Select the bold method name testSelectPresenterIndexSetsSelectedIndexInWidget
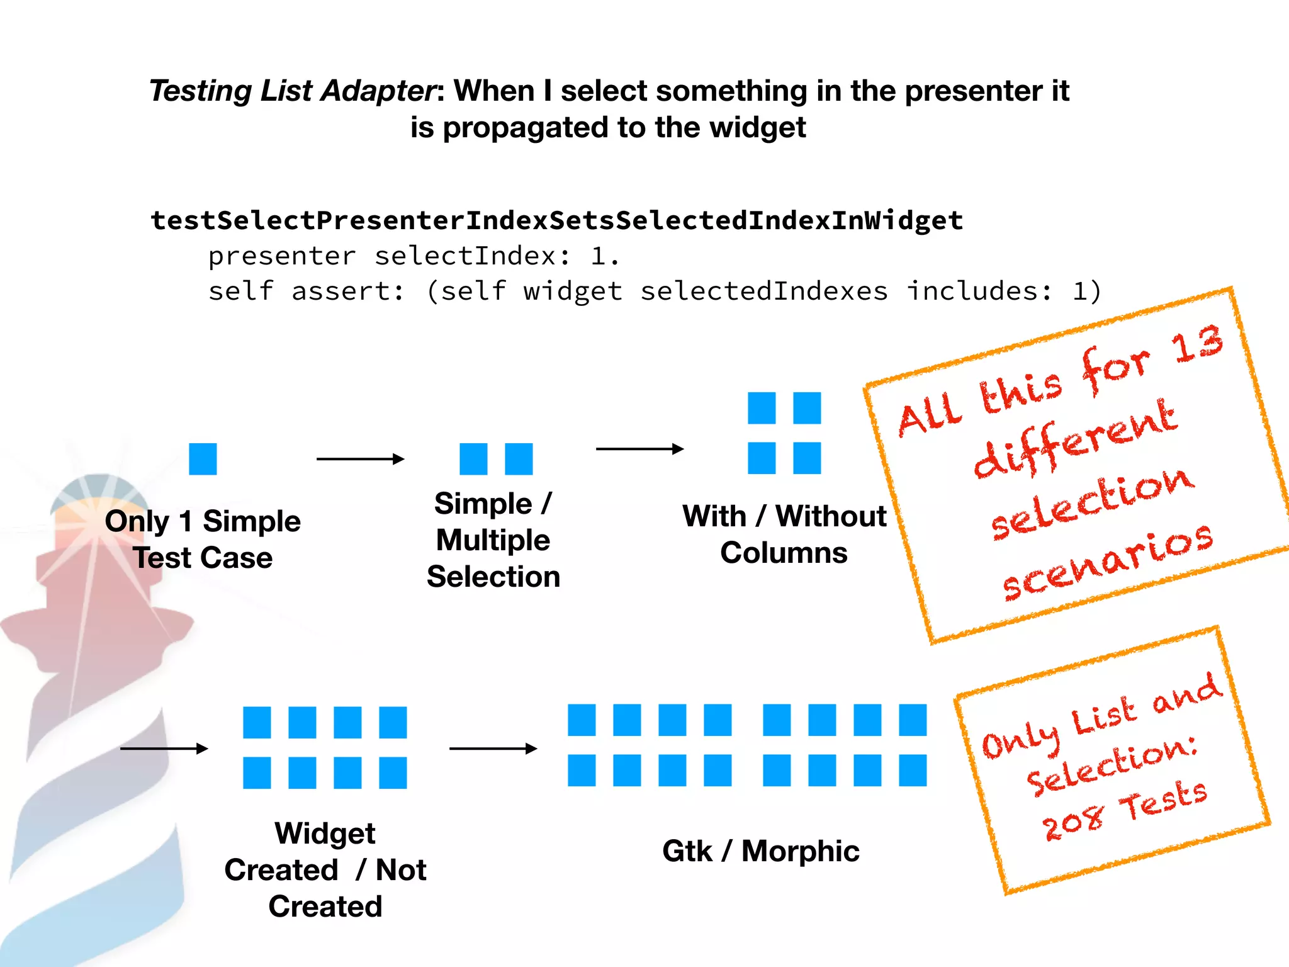click(x=556, y=220)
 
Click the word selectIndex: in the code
click(x=472, y=256)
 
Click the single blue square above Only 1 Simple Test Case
click(x=203, y=459)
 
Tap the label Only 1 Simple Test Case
click(x=203, y=540)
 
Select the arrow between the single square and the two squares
click(x=359, y=459)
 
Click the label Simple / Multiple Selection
click(x=493, y=540)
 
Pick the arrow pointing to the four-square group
click(x=639, y=449)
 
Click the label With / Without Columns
click(x=784, y=534)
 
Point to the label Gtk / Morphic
click(x=760, y=851)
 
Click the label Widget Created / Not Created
click(x=325, y=870)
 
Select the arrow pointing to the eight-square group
click(x=164, y=749)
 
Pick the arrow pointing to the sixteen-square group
click(x=493, y=749)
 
